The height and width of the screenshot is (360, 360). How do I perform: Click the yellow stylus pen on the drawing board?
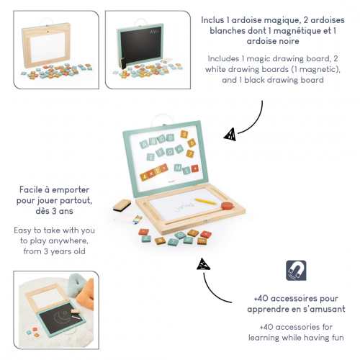coord(205,202)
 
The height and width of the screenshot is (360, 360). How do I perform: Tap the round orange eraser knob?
coord(228,206)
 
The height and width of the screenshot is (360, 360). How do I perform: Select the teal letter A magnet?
coord(144,144)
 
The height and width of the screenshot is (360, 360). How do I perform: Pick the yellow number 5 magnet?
coord(184,135)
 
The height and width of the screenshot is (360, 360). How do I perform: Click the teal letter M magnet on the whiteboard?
coord(178,168)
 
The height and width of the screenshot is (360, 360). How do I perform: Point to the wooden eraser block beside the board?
coord(122,205)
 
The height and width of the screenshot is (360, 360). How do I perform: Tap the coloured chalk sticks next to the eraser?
coord(137,219)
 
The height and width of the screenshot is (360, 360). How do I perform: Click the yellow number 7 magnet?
coord(190,153)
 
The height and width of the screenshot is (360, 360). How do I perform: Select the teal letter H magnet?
coord(179,149)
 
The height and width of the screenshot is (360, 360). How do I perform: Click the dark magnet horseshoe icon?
coord(296,270)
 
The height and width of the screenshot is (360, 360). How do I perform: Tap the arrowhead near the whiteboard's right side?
coord(230,135)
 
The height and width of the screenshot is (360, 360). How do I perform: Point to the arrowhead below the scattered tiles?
coord(203,264)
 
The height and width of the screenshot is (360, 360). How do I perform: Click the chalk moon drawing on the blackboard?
coord(61,318)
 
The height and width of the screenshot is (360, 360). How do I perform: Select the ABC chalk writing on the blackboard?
coord(155,31)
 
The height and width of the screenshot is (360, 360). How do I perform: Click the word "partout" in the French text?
coord(76,200)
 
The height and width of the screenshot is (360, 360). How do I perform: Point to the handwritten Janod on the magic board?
coord(184,207)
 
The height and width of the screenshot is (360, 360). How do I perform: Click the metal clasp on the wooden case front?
coord(206,220)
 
